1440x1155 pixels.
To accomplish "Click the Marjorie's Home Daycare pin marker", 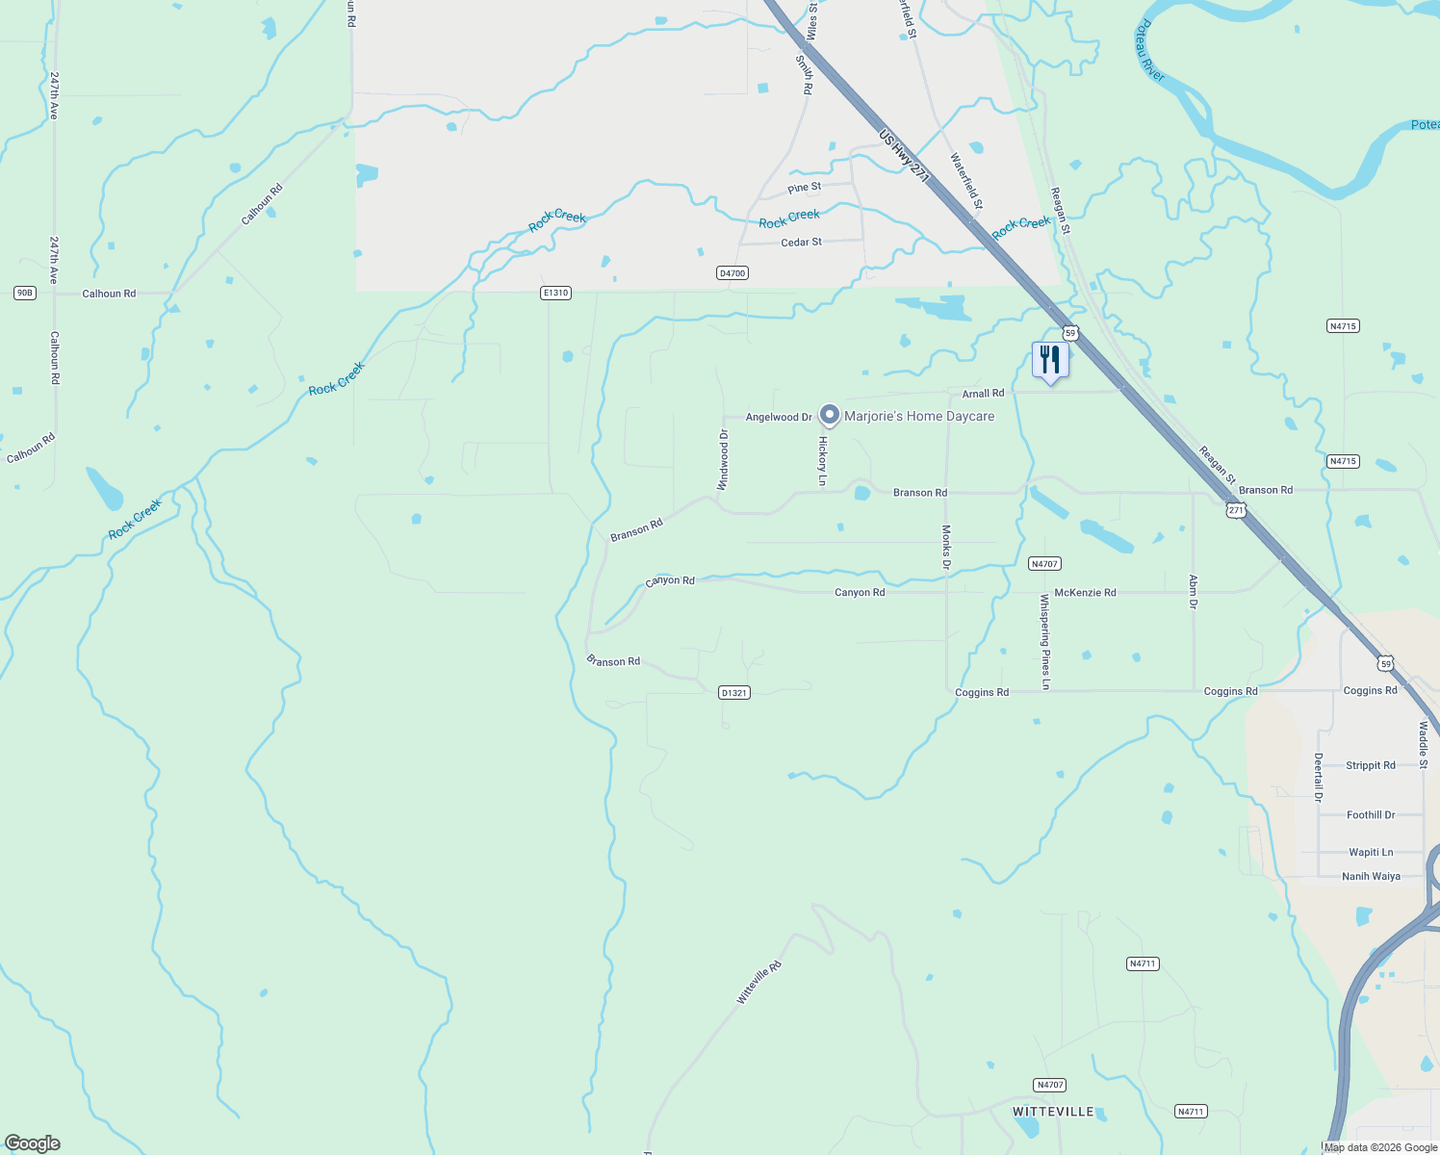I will coord(829,415).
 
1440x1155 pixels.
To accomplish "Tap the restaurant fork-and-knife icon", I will coord(1050,360).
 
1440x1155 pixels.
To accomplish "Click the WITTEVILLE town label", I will coord(1053,1112).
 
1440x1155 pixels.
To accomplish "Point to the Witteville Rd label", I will coord(759,983).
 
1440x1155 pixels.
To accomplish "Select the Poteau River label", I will coord(1149,51).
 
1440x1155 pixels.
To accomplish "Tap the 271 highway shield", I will coord(1236,510).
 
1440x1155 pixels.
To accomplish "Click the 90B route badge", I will coord(25,293).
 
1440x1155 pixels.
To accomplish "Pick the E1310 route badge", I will coord(555,293).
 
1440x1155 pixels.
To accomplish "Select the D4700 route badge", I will coord(733,273).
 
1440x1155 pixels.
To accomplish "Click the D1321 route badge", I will coord(733,693).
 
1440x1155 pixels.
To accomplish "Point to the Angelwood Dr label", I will coord(779,417).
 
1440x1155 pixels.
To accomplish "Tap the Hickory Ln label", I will coord(823,461).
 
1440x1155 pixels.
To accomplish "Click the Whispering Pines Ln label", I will coord(1045,641).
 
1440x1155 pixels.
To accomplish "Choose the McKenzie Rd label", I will coord(1085,593).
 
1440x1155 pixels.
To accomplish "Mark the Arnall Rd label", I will coord(983,394).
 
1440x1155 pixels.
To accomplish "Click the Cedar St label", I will coord(801,243).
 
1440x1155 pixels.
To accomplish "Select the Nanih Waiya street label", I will coord(1371,877).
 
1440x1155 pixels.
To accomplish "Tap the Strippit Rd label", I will coord(1370,766).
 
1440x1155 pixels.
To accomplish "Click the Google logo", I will coord(33,1143).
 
